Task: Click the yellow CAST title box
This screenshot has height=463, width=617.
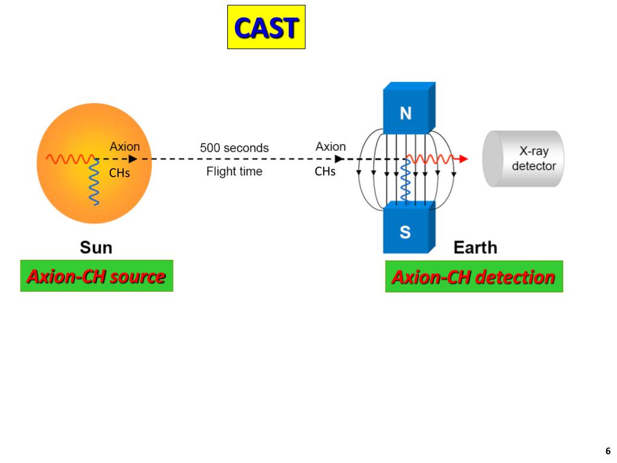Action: coord(266,27)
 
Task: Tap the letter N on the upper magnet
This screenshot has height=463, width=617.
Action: coord(406,114)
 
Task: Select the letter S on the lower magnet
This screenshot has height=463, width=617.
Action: coord(406,233)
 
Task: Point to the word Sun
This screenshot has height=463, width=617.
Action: coord(96,248)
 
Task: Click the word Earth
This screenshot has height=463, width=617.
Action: coord(475,248)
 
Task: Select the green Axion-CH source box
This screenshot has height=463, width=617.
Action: coord(96,276)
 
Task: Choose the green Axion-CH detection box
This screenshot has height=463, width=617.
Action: coord(474,277)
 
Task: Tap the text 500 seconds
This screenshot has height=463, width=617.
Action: coord(234,148)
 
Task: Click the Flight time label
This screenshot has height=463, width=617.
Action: coord(234,172)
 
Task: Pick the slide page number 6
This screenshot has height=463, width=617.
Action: coord(608,451)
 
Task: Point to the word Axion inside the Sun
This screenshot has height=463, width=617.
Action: coord(124,146)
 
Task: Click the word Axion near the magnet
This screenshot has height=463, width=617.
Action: coord(331,146)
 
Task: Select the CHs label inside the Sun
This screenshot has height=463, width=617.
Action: coord(119,174)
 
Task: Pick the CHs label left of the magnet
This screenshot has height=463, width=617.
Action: coord(325,172)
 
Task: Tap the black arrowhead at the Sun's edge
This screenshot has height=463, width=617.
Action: coord(133,159)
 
